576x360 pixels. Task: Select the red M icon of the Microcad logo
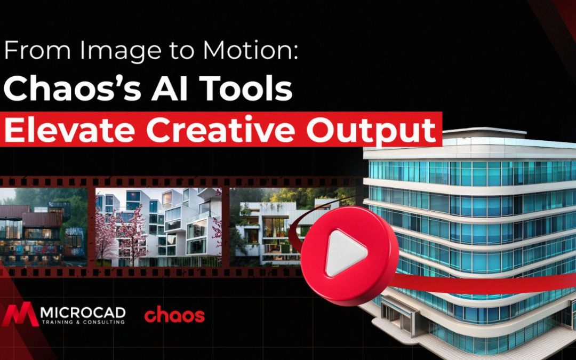[20, 315]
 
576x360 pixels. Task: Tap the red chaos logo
[174, 316]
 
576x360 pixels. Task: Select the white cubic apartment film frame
[158, 227]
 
